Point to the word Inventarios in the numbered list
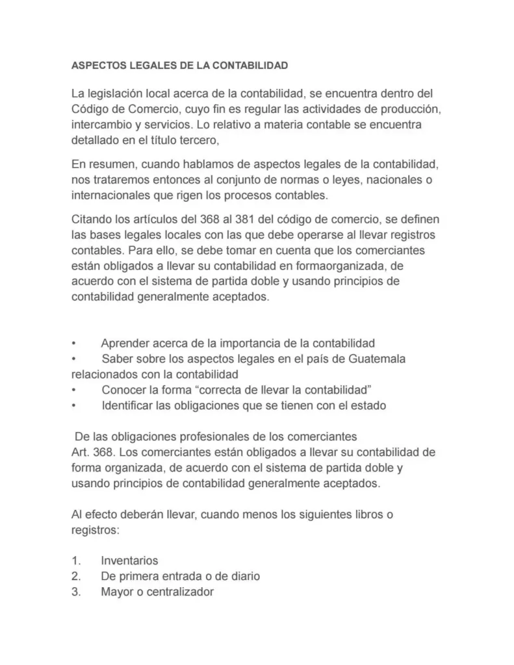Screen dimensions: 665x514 point(129,560)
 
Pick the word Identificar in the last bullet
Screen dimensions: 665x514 point(129,406)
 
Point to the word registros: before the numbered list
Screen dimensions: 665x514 point(95,530)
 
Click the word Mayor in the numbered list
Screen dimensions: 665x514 point(116,592)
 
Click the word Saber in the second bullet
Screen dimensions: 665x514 point(117,359)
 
